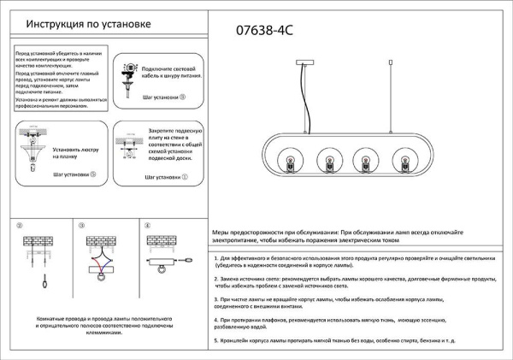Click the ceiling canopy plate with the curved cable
tap(310, 62)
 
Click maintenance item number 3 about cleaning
tap(329, 304)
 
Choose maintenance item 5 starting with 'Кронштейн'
tap(345, 342)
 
